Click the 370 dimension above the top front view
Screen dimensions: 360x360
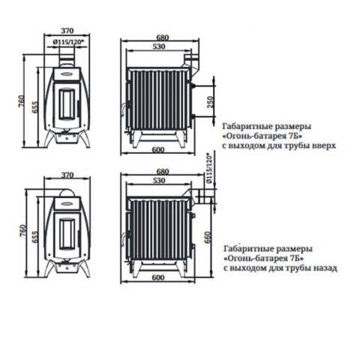pos(67,31)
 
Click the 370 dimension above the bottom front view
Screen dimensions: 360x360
pos(67,175)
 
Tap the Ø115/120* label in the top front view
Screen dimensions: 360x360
pos(67,42)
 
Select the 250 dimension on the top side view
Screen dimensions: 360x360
pos(211,102)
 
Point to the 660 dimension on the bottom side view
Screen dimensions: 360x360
pos(208,237)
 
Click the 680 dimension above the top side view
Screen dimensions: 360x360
pos(163,37)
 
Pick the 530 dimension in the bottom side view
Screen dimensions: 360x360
pos(159,180)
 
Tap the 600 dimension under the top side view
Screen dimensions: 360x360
pos(158,150)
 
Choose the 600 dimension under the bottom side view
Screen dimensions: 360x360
pos(158,277)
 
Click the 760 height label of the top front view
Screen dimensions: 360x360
pos(22,101)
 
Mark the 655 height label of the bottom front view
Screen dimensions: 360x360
pos(35,237)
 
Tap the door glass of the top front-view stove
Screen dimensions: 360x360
pos(67,103)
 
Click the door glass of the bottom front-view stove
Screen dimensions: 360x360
pos(67,234)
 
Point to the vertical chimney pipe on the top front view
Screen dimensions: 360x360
pos(67,58)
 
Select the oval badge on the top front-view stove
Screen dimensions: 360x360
pos(67,73)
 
